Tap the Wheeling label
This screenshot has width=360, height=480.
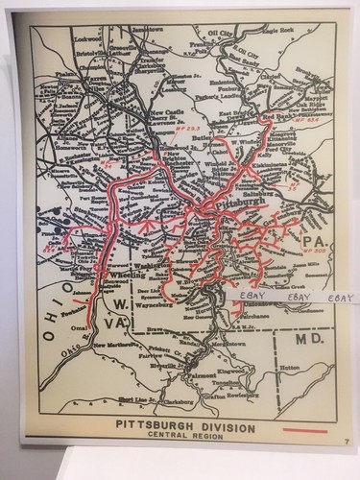(x=128, y=274)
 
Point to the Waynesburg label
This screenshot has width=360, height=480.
(x=157, y=308)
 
